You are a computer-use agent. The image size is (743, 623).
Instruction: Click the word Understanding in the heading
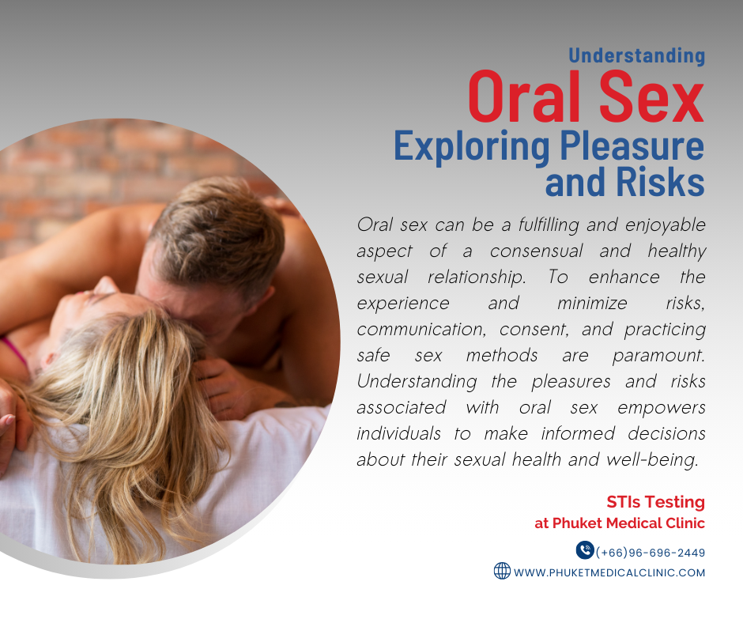pyautogui.click(x=636, y=55)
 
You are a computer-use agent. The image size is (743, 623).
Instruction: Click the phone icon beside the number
pyautogui.click(x=585, y=550)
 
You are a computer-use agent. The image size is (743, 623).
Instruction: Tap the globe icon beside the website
pyautogui.click(x=502, y=571)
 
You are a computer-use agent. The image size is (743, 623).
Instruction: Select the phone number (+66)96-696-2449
pyautogui.click(x=651, y=553)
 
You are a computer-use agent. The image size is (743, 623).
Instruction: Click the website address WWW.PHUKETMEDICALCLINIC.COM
pyautogui.click(x=609, y=572)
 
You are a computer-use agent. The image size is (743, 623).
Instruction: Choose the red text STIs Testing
pyautogui.click(x=655, y=502)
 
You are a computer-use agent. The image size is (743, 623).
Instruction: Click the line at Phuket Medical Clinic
pyautogui.click(x=620, y=523)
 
